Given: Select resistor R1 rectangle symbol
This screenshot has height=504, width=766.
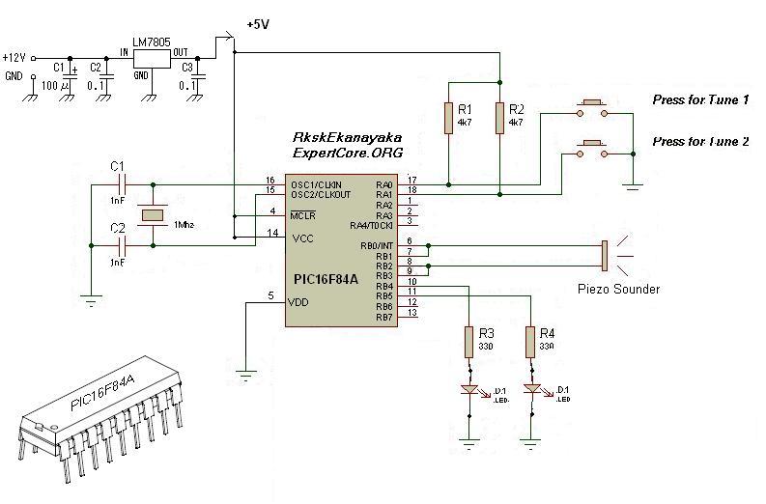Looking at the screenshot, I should tap(448, 117).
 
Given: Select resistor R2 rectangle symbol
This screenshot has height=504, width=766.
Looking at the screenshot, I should tap(499, 117).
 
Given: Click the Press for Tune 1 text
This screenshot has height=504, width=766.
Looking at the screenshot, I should tap(700, 100).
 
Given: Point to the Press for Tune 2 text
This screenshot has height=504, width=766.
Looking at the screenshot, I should tap(700, 141).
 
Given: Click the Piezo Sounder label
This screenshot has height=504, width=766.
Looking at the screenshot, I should tap(618, 289).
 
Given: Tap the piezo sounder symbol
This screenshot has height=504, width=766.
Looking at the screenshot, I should tap(605, 255).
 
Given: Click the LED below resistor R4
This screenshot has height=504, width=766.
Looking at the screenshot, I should tap(530, 389).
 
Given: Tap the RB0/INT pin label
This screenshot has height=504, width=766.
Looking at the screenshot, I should tap(375, 246).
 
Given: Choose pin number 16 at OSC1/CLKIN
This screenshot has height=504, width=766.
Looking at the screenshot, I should tap(271, 180).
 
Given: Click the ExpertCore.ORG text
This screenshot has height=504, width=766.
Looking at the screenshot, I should tap(347, 154).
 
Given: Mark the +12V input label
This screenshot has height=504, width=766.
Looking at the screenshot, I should tap(16, 57).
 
